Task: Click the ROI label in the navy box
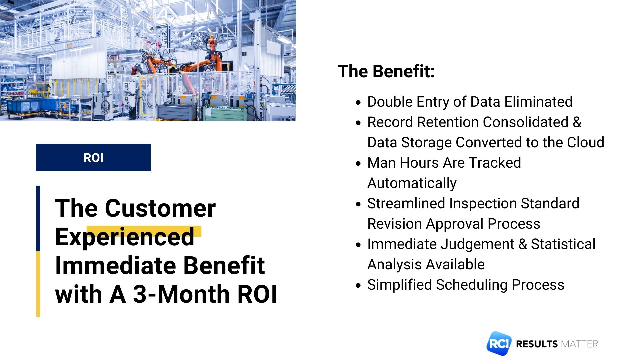point(93,158)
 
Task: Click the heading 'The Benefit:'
point(386,71)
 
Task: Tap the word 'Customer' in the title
point(160,208)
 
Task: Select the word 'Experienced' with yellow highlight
point(125,237)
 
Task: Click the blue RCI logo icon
point(498,344)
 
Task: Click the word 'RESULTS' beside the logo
point(536,344)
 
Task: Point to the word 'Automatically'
point(412,183)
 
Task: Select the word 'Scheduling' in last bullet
point(471,285)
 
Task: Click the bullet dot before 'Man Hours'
point(358,164)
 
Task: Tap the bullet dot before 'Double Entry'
point(358,103)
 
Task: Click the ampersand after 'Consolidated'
point(577,122)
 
